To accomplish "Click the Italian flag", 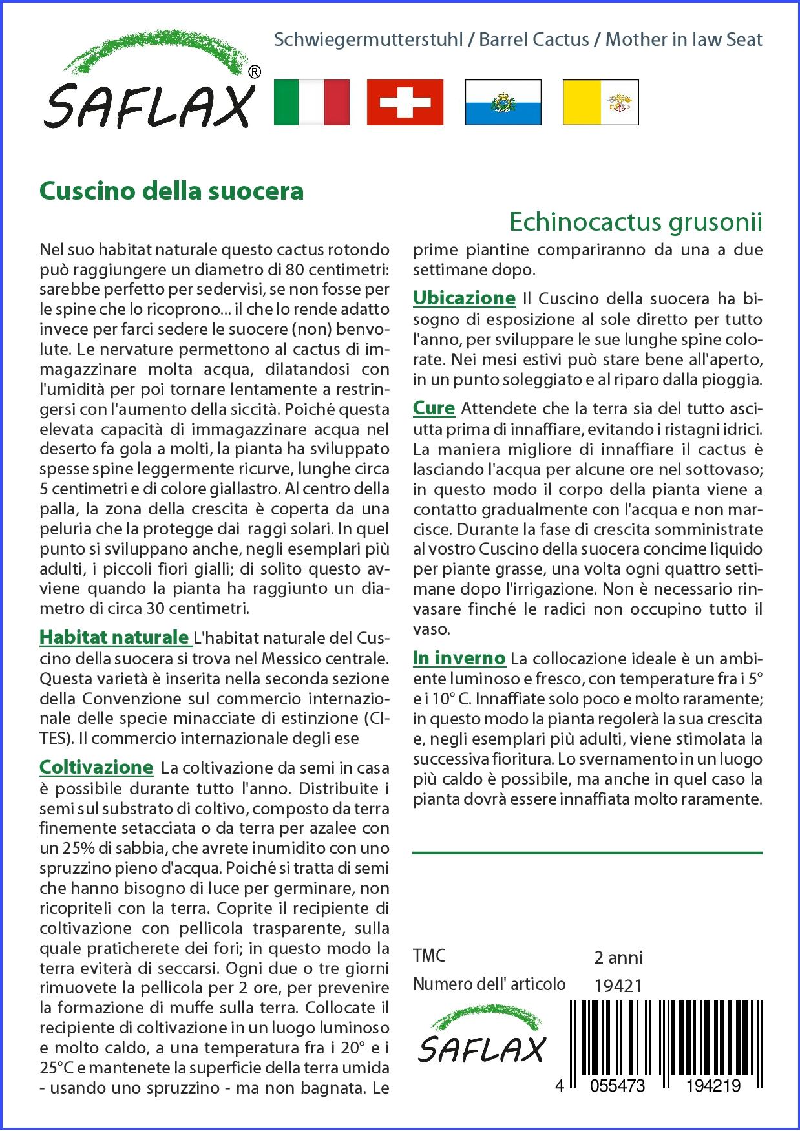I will [x=311, y=102].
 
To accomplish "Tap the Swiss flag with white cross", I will [x=405, y=102].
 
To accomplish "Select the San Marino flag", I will [x=503, y=102].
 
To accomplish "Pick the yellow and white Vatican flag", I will [x=600, y=102].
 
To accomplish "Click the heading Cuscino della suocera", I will [x=171, y=191].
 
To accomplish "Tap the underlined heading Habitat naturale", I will [x=114, y=637].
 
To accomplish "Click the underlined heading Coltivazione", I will [x=96, y=767].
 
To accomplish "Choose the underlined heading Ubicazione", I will [x=464, y=298].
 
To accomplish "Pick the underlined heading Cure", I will [x=434, y=408].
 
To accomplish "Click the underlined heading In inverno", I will [x=459, y=658].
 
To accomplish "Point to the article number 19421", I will [x=618, y=986].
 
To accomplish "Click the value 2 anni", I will [x=618, y=957].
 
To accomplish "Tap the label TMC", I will [x=429, y=956].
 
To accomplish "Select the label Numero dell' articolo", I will [x=489, y=984].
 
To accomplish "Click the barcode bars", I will [x=666, y=1034].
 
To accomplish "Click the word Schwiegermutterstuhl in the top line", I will [x=368, y=40].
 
